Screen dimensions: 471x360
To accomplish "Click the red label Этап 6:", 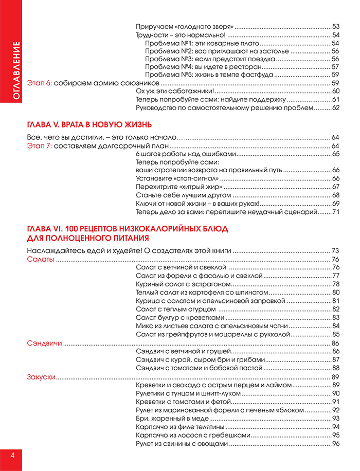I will click(39, 83).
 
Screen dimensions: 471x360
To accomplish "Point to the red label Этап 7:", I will click(39, 146).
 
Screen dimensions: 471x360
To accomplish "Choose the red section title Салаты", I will click(40, 259).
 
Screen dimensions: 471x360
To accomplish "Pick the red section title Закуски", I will click(41, 377).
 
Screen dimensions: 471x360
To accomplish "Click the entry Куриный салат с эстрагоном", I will click(183, 284).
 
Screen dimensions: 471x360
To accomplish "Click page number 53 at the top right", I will click(336, 27).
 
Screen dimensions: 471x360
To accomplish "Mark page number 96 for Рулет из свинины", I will click(336, 444).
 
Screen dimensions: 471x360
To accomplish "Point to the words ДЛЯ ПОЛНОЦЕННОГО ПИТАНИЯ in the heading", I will click(88, 238).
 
